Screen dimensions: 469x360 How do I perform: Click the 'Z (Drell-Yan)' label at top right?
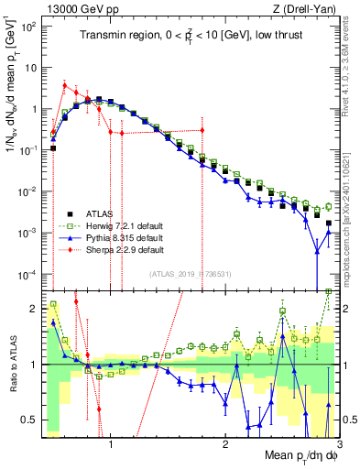click(301, 8)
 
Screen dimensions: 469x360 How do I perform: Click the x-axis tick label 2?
click(225, 446)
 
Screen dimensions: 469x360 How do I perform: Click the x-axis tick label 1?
click(111, 446)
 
